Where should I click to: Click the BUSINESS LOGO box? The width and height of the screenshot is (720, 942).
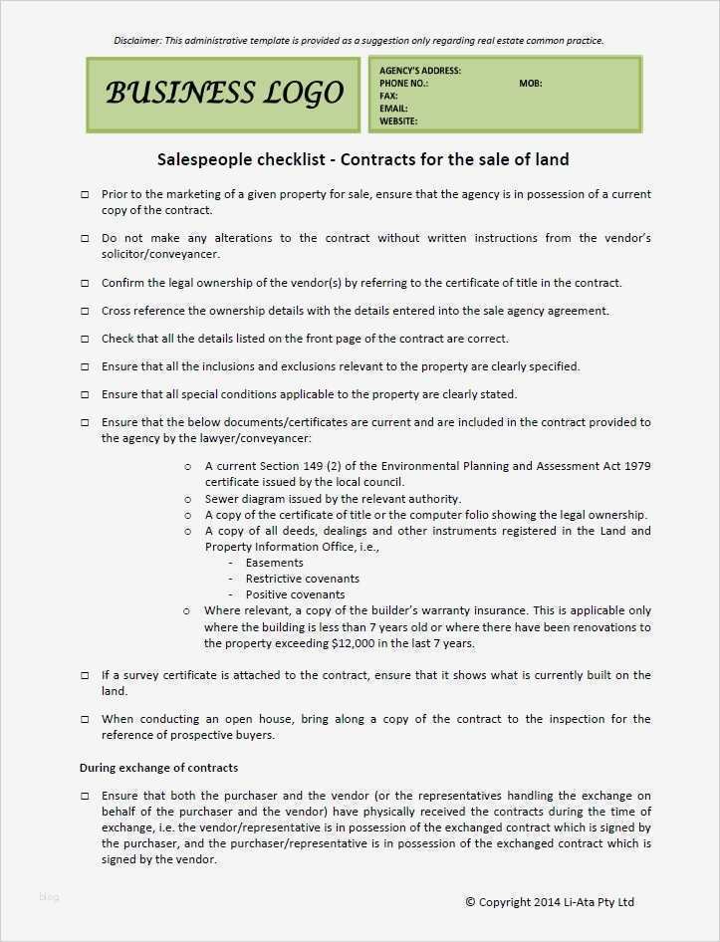point(223,95)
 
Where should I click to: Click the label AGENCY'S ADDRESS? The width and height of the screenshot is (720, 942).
point(419,71)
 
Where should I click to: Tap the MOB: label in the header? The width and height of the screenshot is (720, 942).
point(530,84)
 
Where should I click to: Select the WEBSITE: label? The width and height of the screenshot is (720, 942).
point(398,121)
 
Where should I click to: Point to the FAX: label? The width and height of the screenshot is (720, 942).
point(388,97)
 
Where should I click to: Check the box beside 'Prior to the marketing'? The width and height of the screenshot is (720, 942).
point(85,195)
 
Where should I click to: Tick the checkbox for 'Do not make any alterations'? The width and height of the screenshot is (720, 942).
point(85,239)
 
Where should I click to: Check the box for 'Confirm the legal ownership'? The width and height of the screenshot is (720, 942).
point(85,284)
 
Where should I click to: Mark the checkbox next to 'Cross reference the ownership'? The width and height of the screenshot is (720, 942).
point(85,312)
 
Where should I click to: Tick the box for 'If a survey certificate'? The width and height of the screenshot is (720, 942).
point(85,676)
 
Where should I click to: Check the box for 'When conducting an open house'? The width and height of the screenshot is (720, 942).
point(85,720)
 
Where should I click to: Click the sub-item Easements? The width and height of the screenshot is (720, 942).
point(274,563)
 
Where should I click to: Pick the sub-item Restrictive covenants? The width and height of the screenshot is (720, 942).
point(302,579)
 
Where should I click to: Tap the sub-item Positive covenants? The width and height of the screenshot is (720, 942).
point(296,594)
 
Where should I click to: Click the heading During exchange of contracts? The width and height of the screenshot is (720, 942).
point(158,768)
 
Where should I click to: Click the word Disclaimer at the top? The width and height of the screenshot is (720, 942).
point(137,41)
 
